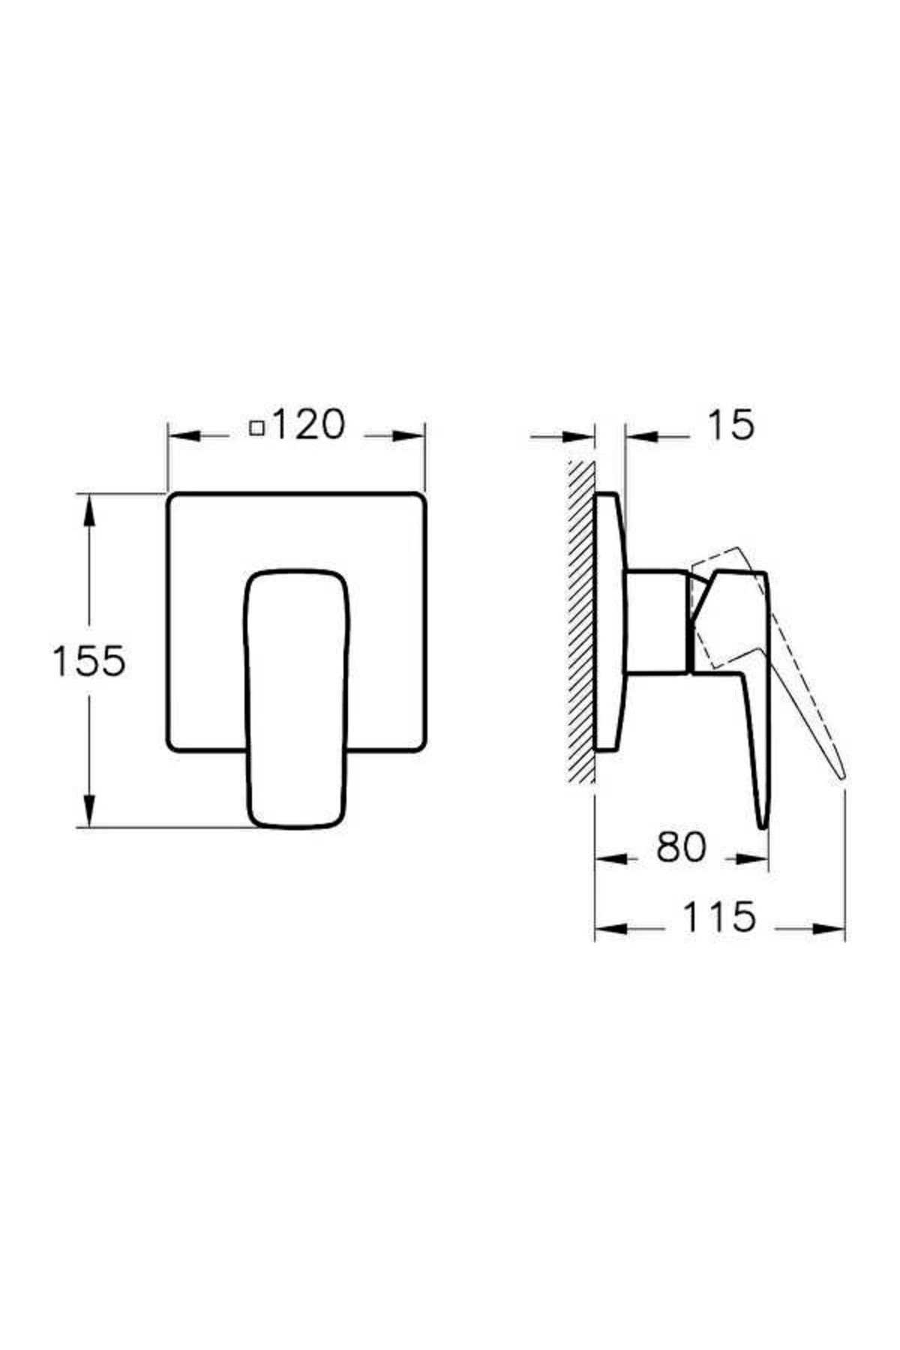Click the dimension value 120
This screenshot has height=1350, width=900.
pyautogui.click(x=307, y=424)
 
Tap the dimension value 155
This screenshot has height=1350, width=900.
pyautogui.click(x=88, y=661)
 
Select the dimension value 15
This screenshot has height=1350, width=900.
pyautogui.click(x=730, y=425)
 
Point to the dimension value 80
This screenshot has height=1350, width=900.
pyautogui.click(x=681, y=847)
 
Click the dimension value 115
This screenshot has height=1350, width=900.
pyautogui.click(x=719, y=916)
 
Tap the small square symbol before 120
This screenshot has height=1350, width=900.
pyautogui.click(x=257, y=428)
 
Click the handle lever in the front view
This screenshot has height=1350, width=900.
pyautogui.click(x=298, y=699)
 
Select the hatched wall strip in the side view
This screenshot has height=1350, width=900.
pyautogui.click(x=581, y=622)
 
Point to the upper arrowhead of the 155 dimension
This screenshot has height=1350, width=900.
pyautogui.click(x=89, y=512)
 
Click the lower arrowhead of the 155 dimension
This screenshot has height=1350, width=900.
pyautogui.click(x=89, y=810)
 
